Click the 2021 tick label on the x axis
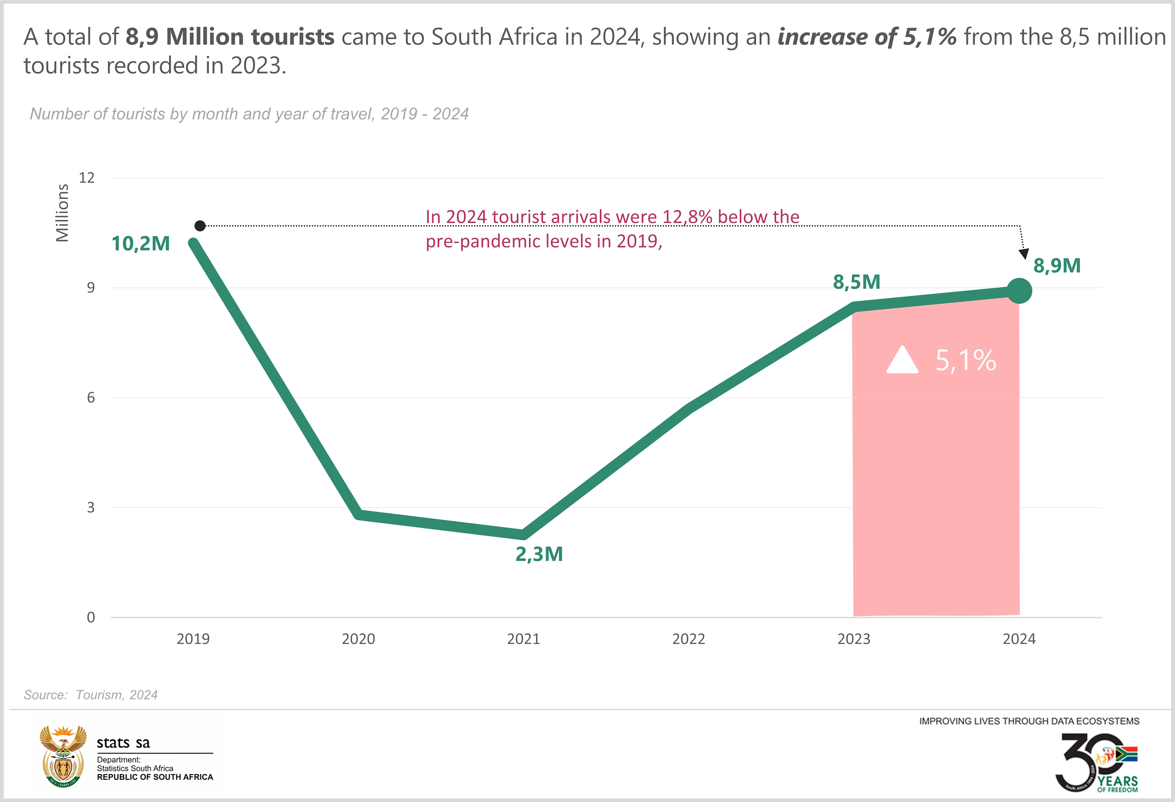[523, 639]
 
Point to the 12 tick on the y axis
[87, 177]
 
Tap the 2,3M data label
[539, 554]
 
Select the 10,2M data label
[141, 244]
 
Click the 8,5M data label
[857, 282]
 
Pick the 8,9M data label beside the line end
[1057, 266]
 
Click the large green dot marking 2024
[1019, 291]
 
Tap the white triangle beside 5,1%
[902, 360]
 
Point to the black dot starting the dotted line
[200, 226]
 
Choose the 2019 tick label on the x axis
[193, 639]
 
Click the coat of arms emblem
[63, 756]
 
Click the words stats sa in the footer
[123, 743]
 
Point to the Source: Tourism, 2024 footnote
[90, 695]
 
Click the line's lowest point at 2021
[523, 534]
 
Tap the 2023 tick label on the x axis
[853, 639]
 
